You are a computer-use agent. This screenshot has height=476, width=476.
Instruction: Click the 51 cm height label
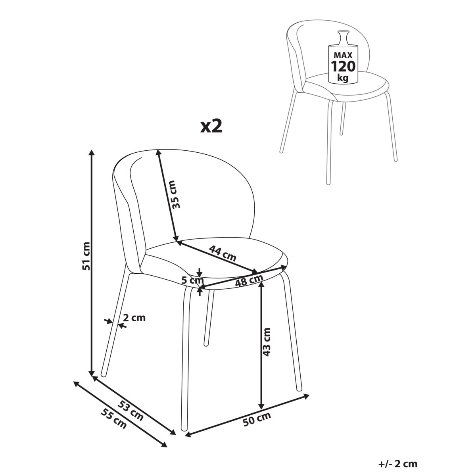coord(86,256)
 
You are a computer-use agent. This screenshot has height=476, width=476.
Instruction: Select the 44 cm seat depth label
coord(223,253)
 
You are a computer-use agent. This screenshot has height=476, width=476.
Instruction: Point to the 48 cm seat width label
coord(249,281)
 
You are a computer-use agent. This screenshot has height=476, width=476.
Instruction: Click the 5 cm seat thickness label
coord(192,280)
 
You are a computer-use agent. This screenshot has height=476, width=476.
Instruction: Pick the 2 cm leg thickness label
coord(134,318)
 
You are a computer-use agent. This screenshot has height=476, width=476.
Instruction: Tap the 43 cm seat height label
coord(267,342)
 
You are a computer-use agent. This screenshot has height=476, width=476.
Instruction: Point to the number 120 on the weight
coord(343,66)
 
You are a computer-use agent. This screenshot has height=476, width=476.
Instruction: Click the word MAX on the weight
coord(343,55)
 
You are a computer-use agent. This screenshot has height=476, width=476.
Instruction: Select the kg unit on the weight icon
coord(343,78)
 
